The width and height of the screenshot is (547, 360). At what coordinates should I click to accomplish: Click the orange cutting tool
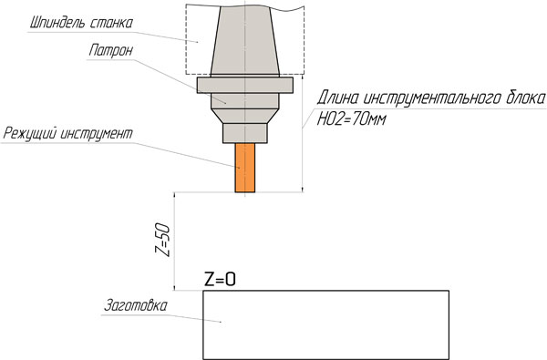(x=245, y=168)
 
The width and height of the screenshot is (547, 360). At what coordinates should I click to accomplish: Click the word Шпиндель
(x=57, y=23)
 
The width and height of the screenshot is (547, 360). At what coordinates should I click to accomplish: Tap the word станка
(x=111, y=23)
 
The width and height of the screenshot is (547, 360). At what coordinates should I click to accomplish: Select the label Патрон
(x=111, y=50)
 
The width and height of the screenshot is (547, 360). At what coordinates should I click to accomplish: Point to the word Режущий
(x=29, y=134)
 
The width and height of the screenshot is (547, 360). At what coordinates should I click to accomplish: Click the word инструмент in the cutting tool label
(x=97, y=134)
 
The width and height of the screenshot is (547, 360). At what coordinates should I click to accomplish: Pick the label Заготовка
(x=136, y=305)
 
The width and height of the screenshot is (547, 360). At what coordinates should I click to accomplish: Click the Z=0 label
(x=220, y=280)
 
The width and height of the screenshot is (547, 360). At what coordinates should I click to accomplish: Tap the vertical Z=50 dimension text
(x=162, y=241)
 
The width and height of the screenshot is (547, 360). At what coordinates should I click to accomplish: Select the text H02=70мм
(x=352, y=119)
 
